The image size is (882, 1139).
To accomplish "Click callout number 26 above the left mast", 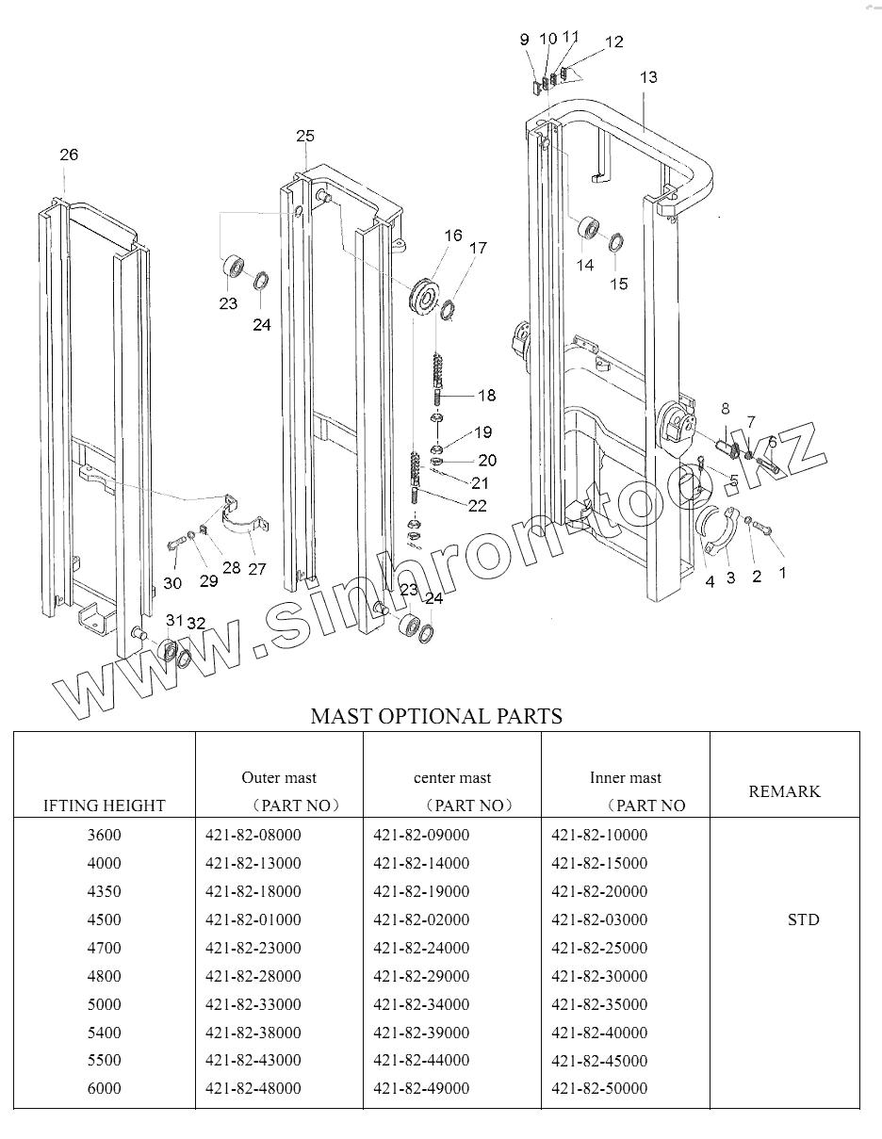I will tap(69, 155).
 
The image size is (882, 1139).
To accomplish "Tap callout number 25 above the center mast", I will tap(305, 137).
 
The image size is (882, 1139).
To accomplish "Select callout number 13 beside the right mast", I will tap(648, 77).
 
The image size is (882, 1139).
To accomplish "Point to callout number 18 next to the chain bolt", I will tap(486, 395).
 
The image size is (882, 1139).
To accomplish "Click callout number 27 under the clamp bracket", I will tap(257, 568).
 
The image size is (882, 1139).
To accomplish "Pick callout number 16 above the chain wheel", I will tap(453, 236).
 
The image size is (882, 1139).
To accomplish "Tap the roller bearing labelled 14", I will tap(589, 229).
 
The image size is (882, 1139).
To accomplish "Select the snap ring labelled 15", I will tap(613, 242).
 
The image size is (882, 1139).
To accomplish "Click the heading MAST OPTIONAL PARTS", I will tap(436, 716).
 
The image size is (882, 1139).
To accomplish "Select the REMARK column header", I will tap(784, 791).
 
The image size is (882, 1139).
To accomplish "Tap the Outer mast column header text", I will tap(279, 778).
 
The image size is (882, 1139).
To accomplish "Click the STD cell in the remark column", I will tap(803, 919).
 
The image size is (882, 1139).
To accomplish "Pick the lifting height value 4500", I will tap(105, 919).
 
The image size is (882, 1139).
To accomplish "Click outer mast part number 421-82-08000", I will tap(253, 835).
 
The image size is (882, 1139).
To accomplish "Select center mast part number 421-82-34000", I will tap(421, 1004).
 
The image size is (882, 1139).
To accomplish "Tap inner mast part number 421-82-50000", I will tap(599, 1088).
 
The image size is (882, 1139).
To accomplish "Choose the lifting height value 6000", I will tap(105, 1088).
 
